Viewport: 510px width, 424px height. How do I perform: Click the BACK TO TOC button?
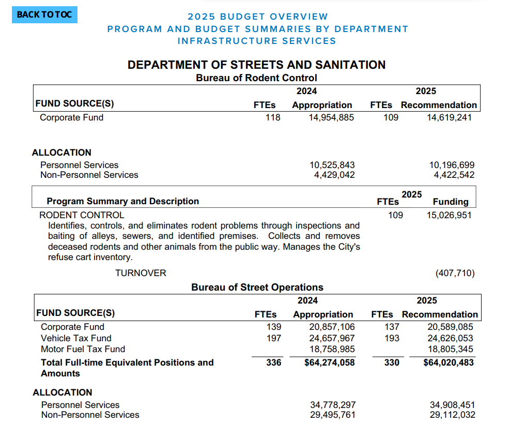point(44,14)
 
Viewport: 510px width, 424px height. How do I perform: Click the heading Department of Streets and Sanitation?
point(256,65)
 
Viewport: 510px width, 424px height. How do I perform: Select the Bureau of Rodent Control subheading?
point(256,78)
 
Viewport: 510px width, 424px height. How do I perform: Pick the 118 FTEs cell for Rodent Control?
point(272,117)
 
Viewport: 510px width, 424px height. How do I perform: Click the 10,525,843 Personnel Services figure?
point(332,165)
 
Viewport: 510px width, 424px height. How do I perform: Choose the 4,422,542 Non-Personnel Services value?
point(454,175)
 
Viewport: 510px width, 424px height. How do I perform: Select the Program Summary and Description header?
point(123,201)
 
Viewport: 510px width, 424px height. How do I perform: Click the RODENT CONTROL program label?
point(82,215)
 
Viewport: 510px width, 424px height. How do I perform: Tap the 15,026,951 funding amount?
point(449,215)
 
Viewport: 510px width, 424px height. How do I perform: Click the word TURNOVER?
point(141,273)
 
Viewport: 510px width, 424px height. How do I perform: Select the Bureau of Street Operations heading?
point(257,287)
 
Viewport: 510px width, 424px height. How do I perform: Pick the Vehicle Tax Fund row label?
point(76,338)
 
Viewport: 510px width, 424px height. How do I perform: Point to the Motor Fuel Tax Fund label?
point(83,349)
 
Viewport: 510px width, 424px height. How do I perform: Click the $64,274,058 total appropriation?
point(330,362)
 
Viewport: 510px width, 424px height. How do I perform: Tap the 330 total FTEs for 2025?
point(392,362)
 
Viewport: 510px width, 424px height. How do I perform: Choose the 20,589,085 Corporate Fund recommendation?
point(450,327)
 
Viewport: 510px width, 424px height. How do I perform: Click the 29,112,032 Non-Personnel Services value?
point(452,415)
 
